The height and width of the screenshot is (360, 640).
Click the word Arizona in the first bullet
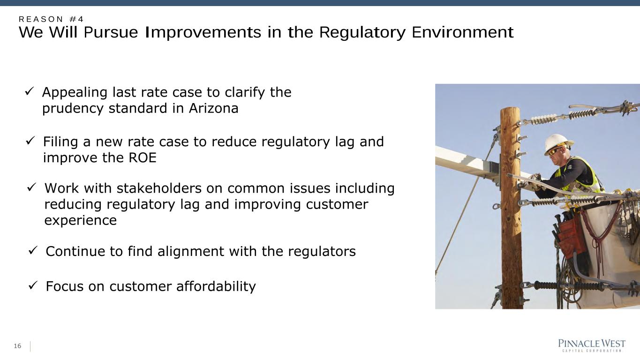(213, 108)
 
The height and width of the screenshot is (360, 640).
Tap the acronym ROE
(143, 157)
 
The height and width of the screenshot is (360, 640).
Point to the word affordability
(216, 286)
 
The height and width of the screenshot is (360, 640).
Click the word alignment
(190, 252)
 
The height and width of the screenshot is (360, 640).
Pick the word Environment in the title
(463, 32)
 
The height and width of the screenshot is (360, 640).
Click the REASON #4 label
(51, 19)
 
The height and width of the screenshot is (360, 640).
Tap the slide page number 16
(17, 346)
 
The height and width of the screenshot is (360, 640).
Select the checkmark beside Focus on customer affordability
(33, 285)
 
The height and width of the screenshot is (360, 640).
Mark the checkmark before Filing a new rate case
(30, 140)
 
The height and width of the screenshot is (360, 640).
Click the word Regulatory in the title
(362, 32)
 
